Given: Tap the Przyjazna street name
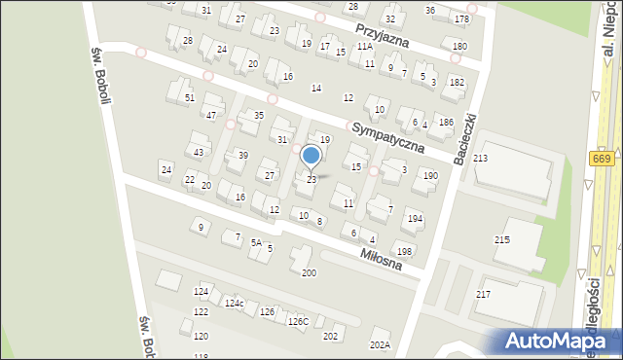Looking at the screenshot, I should [x=381, y=35].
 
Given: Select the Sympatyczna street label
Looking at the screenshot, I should [x=391, y=137].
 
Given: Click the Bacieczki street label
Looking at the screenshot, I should [x=464, y=139].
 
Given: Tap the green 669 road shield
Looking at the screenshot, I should [x=601, y=159].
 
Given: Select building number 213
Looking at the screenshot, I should [x=480, y=158].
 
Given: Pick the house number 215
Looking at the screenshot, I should [x=502, y=238].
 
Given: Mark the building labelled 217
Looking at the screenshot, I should [x=484, y=294].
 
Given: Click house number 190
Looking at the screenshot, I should [x=429, y=175].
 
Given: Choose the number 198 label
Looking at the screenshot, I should [x=404, y=251].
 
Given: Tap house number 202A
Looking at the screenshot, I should [x=380, y=344].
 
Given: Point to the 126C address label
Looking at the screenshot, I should [x=298, y=321].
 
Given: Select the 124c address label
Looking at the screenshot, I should [x=234, y=304].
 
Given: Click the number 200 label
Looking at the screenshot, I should [x=309, y=272].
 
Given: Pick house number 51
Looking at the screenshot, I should [x=190, y=98].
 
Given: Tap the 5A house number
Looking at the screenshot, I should [x=256, y=242].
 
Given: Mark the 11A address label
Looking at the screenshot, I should [x=364, y=46].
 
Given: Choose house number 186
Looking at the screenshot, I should [x=446, y=122].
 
